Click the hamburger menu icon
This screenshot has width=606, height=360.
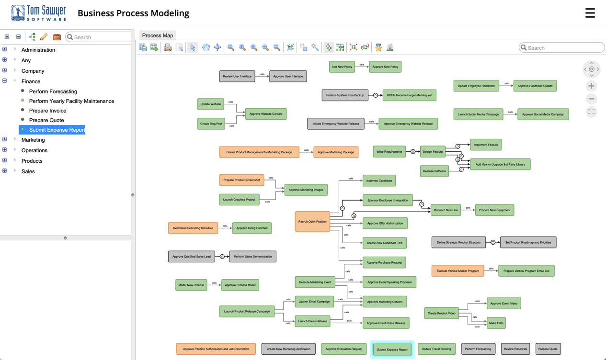[590, 13]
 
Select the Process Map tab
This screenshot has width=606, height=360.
[157, 35]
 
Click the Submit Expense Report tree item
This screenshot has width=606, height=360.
[57, 130]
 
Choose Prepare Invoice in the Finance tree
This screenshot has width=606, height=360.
[47, 111]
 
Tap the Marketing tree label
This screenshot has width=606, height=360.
[33, 140]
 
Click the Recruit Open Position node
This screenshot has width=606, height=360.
[312, 222]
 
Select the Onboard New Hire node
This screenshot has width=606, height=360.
[446, 210]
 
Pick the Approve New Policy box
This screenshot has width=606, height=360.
[385, 67]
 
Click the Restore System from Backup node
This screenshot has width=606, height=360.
[345, 95]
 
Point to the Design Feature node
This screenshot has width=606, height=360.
[433, 152]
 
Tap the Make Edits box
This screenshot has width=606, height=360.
[496, 323]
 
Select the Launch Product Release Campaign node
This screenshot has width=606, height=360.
[247, 312]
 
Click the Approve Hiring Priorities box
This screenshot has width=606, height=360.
[252, 228]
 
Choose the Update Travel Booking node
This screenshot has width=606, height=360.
[436, 349]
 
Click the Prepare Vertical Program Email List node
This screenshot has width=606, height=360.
[526, 271]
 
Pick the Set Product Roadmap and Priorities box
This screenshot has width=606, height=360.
[528, 243]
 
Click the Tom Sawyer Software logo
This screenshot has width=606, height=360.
[38, 13]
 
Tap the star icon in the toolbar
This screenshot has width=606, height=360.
[378, 47]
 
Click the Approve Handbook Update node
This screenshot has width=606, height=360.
[535, 86]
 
